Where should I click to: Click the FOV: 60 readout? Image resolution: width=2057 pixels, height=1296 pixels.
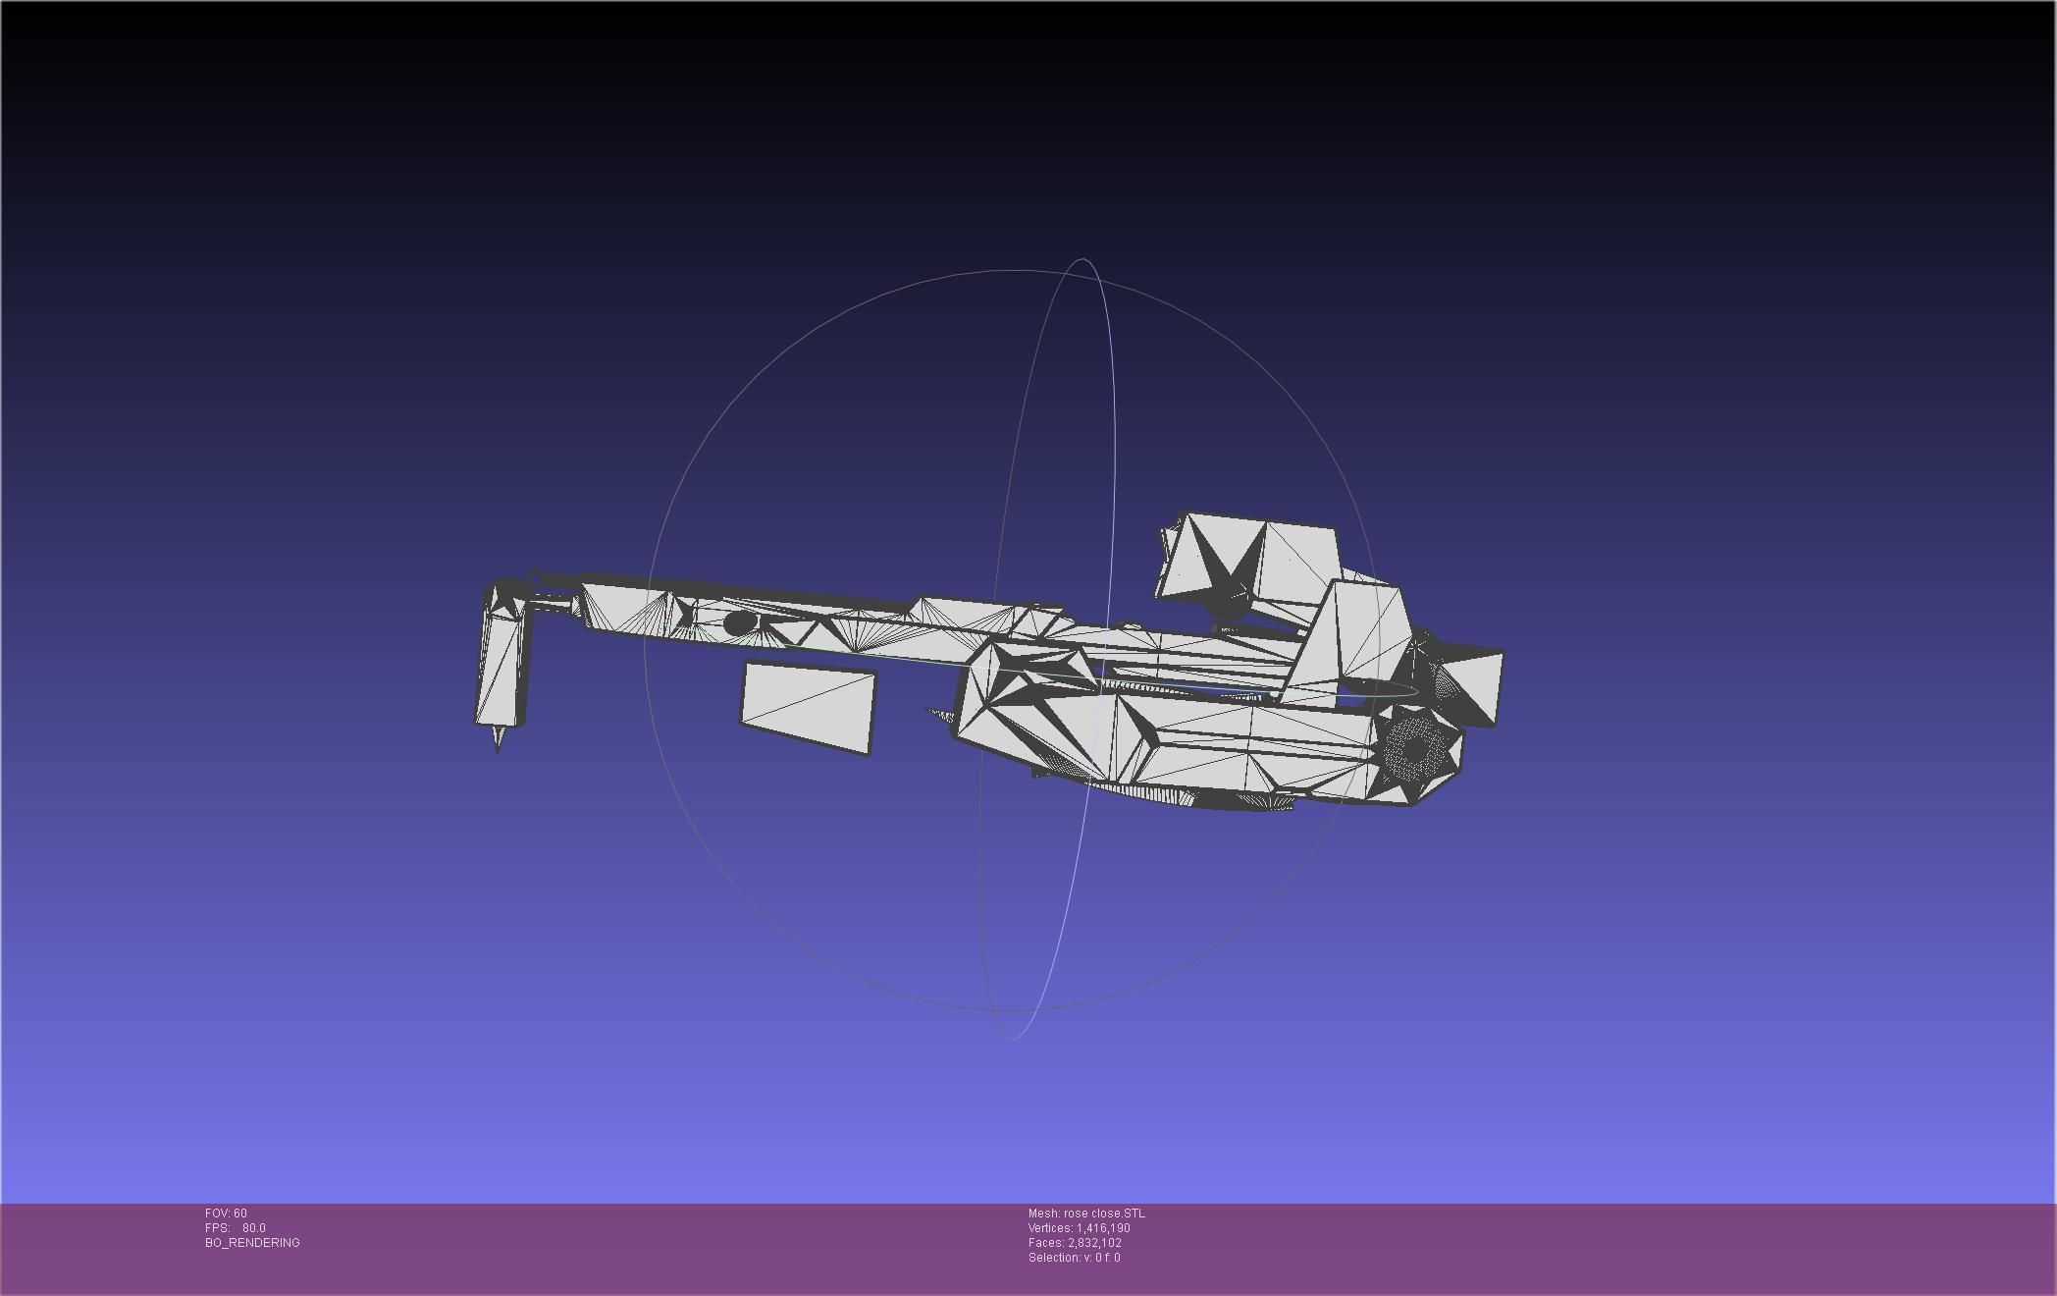click(x=226, y=1214)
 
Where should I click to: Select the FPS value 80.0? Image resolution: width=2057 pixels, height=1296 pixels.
click(x=254, y=1228)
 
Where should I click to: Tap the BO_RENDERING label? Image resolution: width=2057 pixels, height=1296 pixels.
click(x=252, y=1243)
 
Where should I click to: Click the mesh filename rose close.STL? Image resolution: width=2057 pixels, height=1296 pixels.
click(x=1104, y=1214)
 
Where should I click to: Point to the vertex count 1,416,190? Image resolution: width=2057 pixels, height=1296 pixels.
click(x=1103, y=1228)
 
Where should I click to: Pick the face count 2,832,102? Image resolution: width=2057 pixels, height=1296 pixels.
click(x=1094, y=1243)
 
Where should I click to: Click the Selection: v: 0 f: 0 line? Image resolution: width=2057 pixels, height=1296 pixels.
click(x=1074, y=1258)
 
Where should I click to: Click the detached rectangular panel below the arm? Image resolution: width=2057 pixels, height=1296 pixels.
click(x=807, y=708)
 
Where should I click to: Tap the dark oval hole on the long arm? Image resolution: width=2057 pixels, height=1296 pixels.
click(x=739, y=622)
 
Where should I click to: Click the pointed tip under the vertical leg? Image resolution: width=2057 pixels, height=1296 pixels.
click(x=498, y=739)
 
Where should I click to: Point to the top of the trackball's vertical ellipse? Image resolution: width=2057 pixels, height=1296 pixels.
click(x=1082, y=260)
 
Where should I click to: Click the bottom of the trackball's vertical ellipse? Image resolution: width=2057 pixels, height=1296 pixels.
click(x=1012, y=1038)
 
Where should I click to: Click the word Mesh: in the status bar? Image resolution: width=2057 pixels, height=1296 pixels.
click(x=1043, y=1214)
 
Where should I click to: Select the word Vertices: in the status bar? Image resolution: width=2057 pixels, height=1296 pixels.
click(x=1050, y=1228)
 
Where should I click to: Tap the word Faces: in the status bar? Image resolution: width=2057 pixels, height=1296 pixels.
click(x=1046, y=1243)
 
